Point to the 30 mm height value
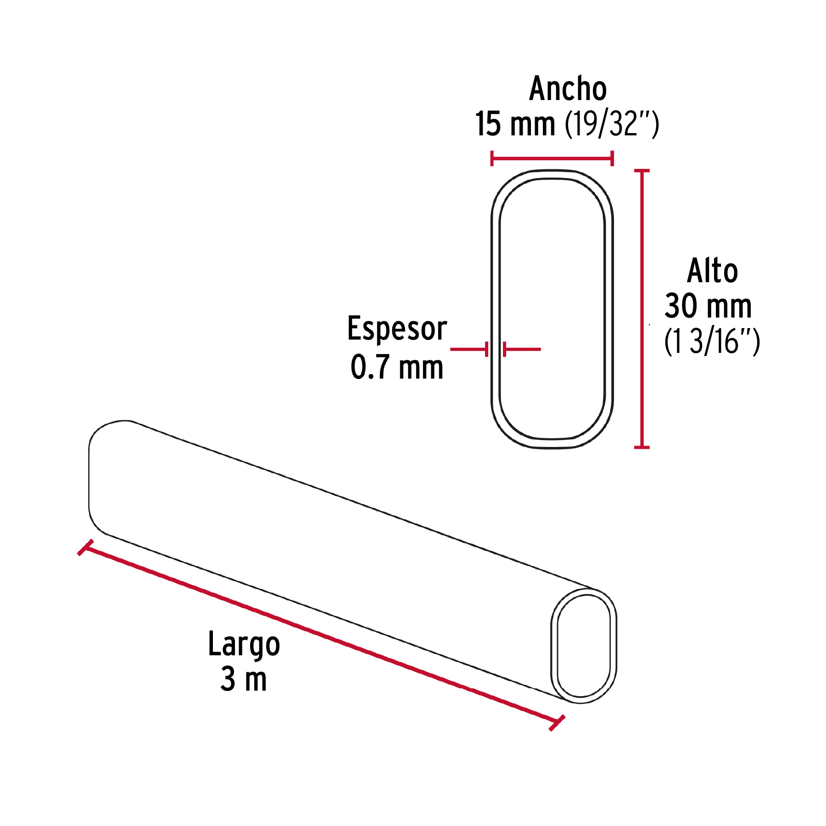708,306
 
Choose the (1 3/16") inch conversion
712,341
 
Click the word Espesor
397,329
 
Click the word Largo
244,645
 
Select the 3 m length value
244,680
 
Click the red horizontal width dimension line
552,159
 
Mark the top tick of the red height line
642,171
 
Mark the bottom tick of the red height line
642,446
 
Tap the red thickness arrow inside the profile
522,349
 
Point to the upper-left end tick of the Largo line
85,547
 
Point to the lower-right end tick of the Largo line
557,723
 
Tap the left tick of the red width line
492,159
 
